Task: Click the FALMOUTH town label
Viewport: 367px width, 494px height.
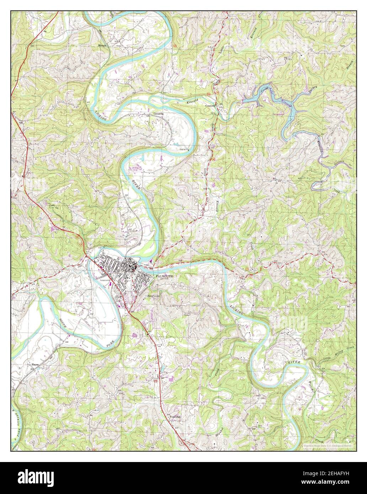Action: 164,276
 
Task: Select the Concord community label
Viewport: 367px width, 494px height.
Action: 210,106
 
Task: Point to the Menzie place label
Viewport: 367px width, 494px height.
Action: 102,46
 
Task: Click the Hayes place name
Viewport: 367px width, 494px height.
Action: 34,365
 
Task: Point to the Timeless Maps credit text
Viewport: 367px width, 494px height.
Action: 327,445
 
